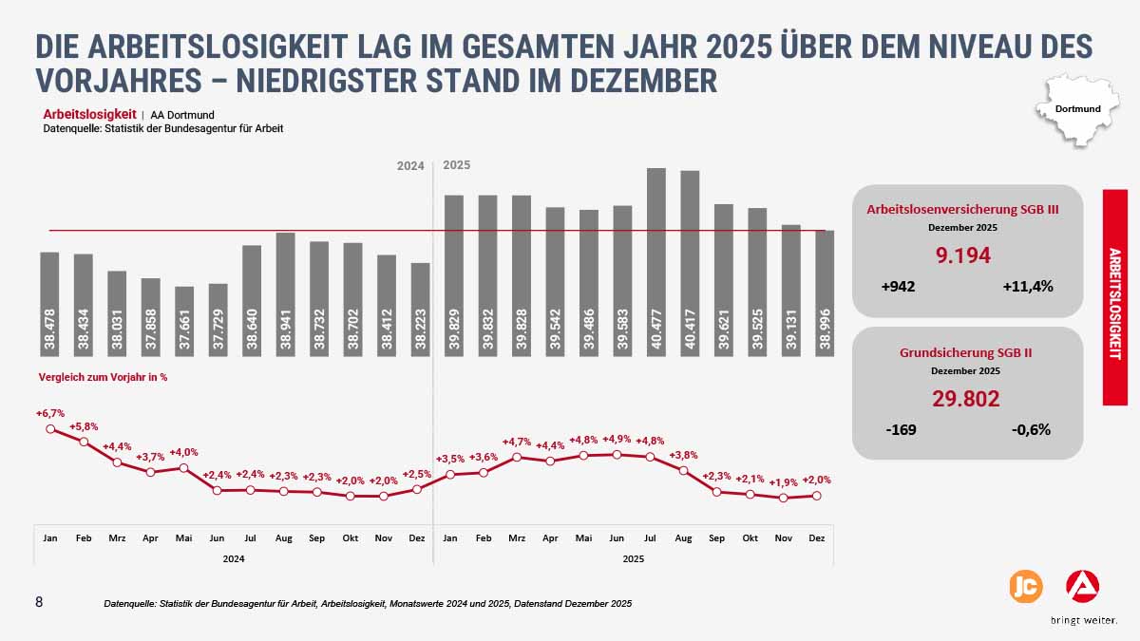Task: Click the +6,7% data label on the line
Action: click(50, 413)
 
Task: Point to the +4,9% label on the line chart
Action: click(617, 439)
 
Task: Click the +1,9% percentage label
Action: click(784, 481)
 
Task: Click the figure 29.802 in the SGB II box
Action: click(966, 399)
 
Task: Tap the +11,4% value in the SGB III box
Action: click(1027, 287)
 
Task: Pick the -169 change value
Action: click(901, 429)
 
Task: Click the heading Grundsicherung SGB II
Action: click(966, 353)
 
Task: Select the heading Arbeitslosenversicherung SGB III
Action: click(962, 210)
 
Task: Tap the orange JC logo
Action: click(1025, 587)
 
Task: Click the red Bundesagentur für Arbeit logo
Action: click(1083, 586)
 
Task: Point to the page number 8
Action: click(39, 602)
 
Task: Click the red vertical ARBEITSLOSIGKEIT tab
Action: click(1114, 297)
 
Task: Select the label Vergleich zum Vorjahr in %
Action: click(103, 377)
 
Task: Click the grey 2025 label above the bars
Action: click(457, 165)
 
